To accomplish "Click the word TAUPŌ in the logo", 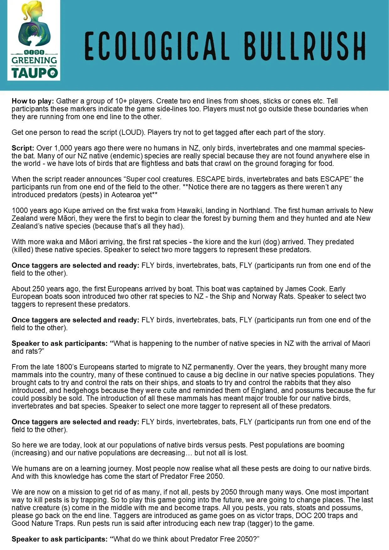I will (x=34, y=73).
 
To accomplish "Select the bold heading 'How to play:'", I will (x=33, y=101).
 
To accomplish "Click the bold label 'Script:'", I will (x=23, y=148).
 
